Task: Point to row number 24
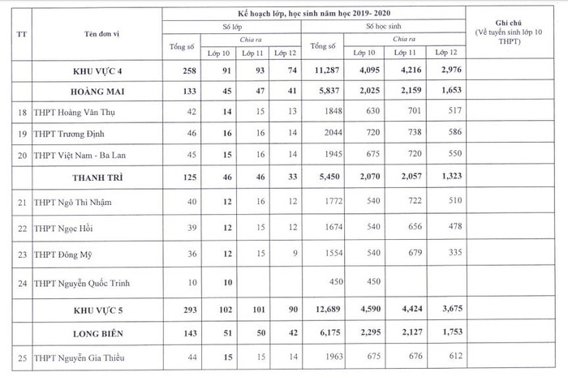pos(19,284)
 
